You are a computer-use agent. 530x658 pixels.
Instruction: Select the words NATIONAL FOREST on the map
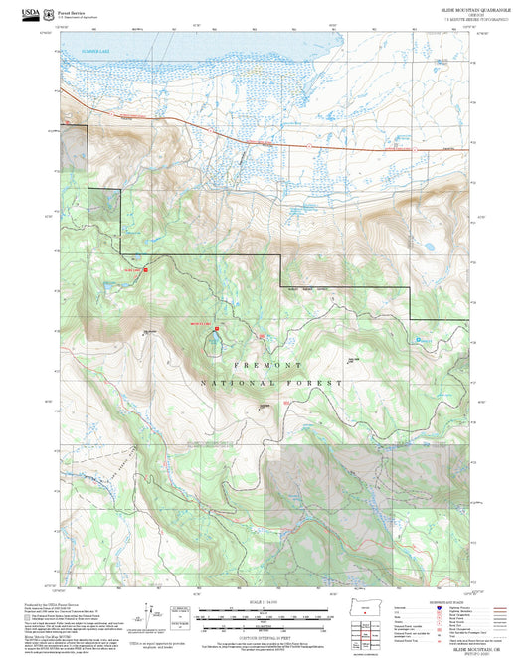[271, 383]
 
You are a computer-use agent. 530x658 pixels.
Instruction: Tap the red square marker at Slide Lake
[146, 268]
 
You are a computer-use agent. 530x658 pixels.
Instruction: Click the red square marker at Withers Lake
[217, 323]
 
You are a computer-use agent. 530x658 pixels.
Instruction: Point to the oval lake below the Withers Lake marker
[214, 345]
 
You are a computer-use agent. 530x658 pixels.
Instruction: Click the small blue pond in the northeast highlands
[429, 246]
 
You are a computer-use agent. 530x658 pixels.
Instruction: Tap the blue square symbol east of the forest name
[418, 341]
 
